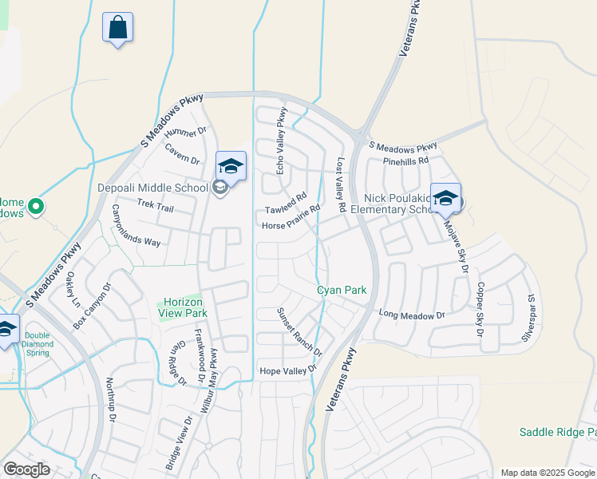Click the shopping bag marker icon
117,27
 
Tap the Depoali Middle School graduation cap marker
231,166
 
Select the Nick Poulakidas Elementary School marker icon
445,198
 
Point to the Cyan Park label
342,290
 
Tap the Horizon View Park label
185,307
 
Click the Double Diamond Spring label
38,344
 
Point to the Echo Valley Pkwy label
280,142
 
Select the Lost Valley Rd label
341,184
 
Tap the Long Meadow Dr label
411,315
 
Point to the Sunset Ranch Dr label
299,332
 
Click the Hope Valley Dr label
288,370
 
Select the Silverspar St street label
528,318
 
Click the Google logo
27,469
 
